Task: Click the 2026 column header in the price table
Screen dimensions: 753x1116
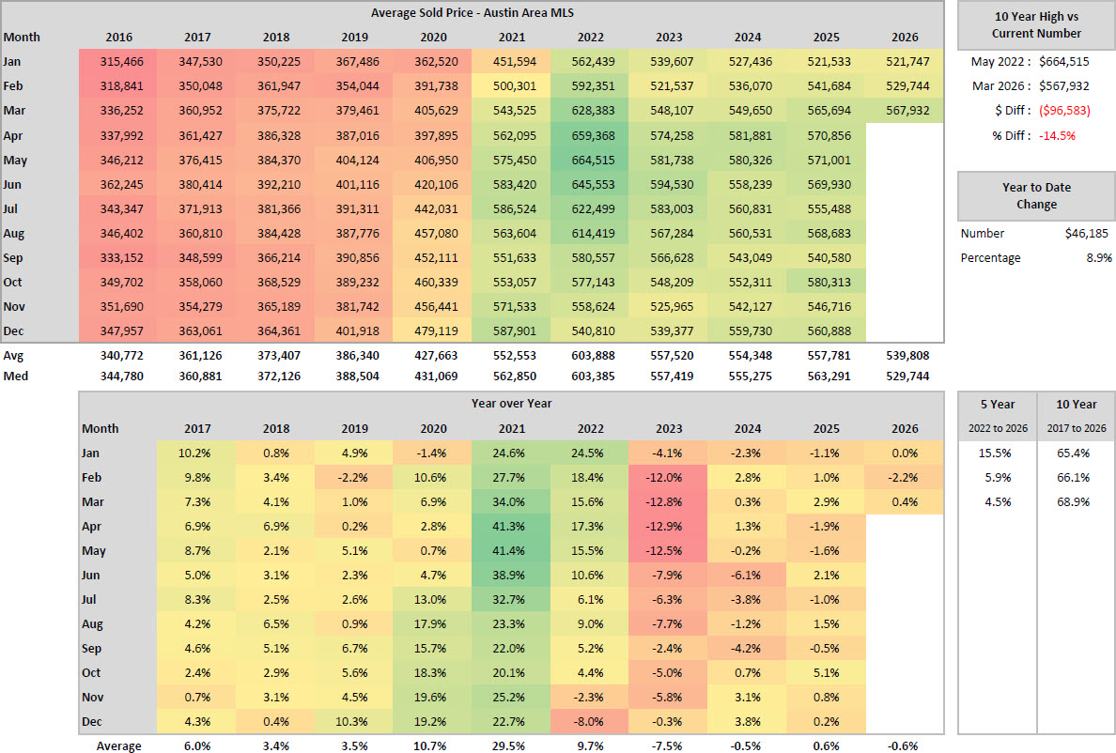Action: click(x=903, y=38)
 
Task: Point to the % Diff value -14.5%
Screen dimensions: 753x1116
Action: click(x=1056, y=134)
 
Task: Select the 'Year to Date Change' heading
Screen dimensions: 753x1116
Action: click(x=1036, y=195)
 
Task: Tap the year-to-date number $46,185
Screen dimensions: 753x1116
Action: click(x=1088, y=233)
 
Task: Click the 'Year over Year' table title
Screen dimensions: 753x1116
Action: click(x=511, y=404)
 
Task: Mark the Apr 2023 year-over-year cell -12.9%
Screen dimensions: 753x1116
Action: click(x=669, y=526)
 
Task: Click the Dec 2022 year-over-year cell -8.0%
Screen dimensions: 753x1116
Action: click(x=590, y=721)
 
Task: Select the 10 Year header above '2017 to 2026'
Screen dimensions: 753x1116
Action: click(x=1076, y=405)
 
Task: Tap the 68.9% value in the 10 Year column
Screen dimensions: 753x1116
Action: click(x=1076, y=501)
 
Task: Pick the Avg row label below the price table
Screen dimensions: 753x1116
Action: click(x=13, y=356)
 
